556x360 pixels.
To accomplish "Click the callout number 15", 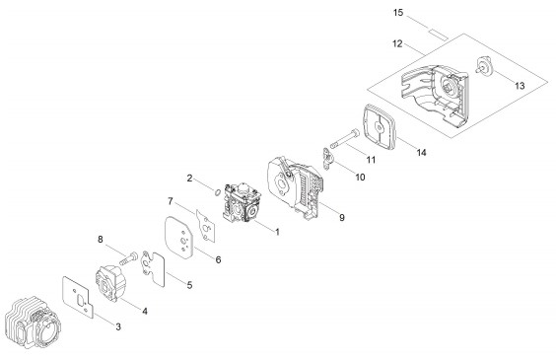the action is (398, 13).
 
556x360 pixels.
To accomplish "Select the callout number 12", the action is (397, 43).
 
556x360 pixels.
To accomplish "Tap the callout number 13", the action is (520, 86).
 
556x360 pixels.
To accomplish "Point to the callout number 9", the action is (342, 217).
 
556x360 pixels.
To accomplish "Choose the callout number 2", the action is (189, 179).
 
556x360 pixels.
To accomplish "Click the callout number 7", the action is (171, 201).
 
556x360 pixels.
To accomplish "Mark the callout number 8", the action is (101, 240).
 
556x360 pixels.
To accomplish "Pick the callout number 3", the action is (118, 326).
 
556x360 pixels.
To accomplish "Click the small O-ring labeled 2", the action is (217, 192).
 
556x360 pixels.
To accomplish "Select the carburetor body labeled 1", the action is (242, 203).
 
